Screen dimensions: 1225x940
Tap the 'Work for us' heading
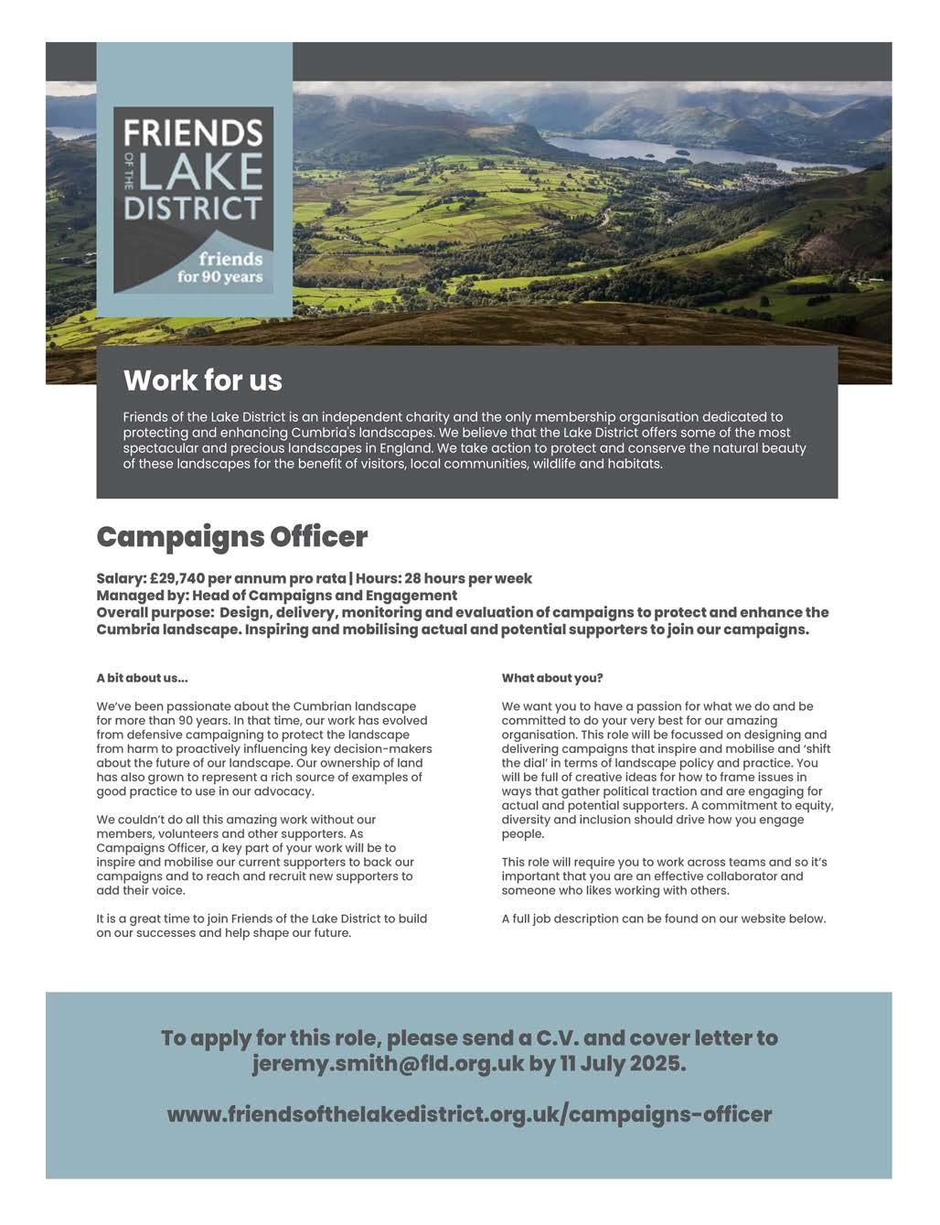click(x=203, y=380)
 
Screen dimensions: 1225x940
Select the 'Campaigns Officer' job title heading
click(x=232, y=537)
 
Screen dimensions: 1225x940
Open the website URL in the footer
click(x=469, y=1114)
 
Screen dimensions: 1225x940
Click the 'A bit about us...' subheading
click(x=142, y=678)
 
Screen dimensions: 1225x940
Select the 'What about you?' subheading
click(x=552, y=678)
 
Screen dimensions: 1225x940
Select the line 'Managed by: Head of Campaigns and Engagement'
click(x=276, y=596)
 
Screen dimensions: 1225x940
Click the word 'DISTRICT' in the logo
click(x=193, y=206)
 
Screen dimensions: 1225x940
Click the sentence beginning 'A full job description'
click(x=663, y=919)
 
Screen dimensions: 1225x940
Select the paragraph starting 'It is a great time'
click(x=262, y=926)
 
